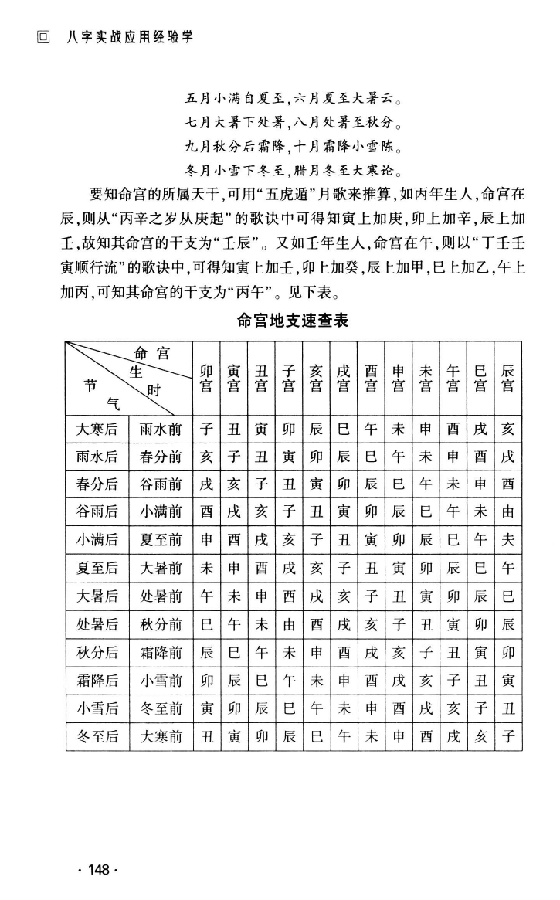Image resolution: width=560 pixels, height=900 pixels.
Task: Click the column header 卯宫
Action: coord(206,377)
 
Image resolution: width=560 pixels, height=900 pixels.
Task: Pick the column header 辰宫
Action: coord(507,377)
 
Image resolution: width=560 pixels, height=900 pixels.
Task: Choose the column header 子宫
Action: coord(287,377)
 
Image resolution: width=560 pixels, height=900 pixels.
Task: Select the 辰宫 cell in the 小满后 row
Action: coord(507,541)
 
